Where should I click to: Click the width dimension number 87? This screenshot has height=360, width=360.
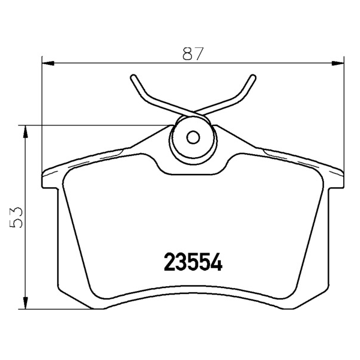(193, 53)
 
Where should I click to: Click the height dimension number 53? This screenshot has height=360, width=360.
(16, 217)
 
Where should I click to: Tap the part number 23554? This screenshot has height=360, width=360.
(193, 262)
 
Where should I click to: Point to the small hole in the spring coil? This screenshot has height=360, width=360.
(193, 137)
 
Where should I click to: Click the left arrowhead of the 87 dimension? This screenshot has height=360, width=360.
(48, 63)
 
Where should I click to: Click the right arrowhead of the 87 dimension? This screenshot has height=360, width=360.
(338, 63)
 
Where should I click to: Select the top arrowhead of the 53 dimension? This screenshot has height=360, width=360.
(25, 132)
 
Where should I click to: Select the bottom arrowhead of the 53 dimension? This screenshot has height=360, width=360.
(25, 303)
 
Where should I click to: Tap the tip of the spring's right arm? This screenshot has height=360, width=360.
(253, 77)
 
